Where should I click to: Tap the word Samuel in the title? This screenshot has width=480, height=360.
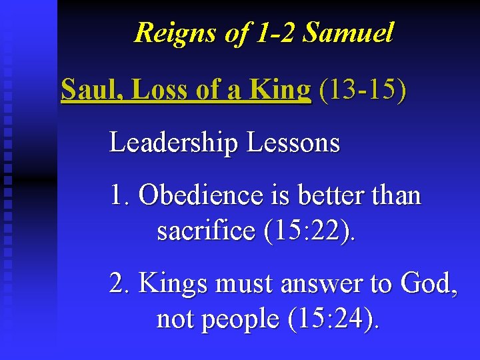347,33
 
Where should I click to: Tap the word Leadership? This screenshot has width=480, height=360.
175,143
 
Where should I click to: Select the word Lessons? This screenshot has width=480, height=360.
293,143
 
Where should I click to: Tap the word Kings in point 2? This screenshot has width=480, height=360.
173,285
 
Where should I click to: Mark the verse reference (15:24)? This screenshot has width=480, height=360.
332,319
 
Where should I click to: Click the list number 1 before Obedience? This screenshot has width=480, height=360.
119,196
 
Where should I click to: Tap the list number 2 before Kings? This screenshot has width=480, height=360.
120,285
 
